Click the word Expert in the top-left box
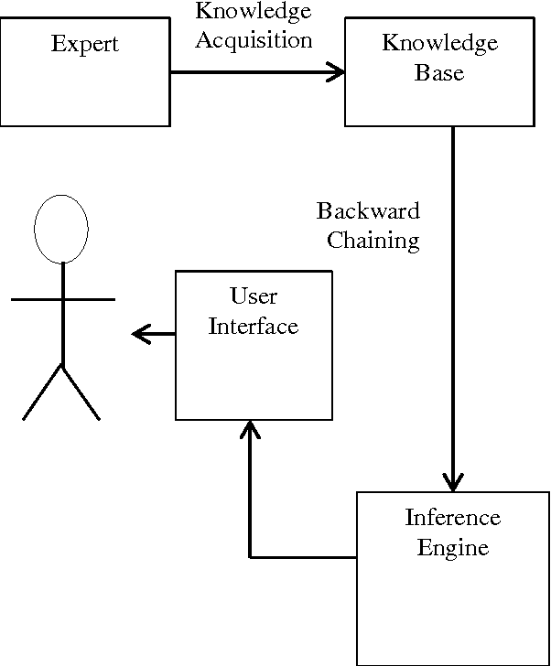coord(84,43)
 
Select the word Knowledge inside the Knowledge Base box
coord(439,43)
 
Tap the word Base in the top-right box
coord(439,72)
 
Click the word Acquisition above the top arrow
coord(254,39)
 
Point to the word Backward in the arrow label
coord(368,211)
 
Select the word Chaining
coord(373,241)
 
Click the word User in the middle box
coord(254,296)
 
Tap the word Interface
coord(254,326)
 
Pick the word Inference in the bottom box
coord(452,518)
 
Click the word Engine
coord(452,548)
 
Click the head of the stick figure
coord(61,230)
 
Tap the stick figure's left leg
coord(42,393)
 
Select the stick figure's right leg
coord(81,393)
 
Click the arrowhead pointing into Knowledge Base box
coord(336,72)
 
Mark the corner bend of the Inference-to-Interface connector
coord(250,556)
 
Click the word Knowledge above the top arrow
coord(254,11)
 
